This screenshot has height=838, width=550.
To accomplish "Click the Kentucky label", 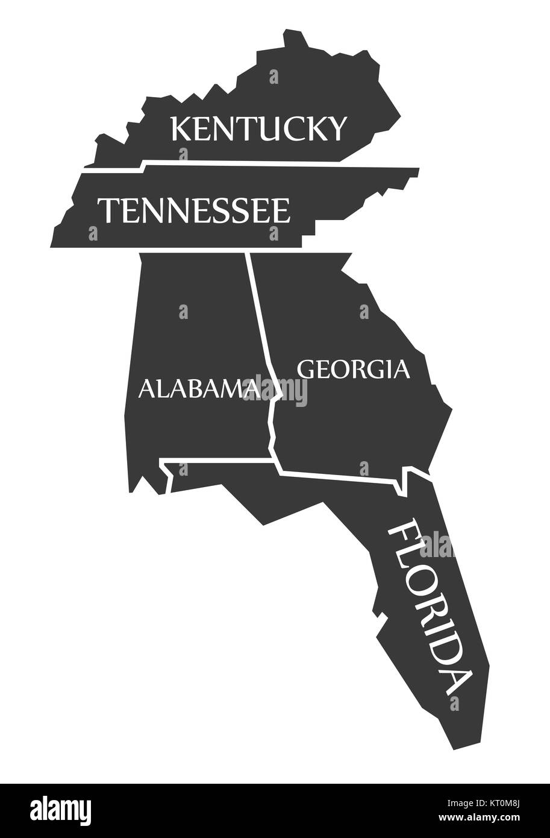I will pos(259,128).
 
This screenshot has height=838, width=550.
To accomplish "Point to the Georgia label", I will pos(354,368).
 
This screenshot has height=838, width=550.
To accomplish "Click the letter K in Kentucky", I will pos(182,128).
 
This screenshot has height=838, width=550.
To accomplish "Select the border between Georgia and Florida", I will pos(337,477).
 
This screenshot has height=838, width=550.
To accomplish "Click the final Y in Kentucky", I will pos(336,128).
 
